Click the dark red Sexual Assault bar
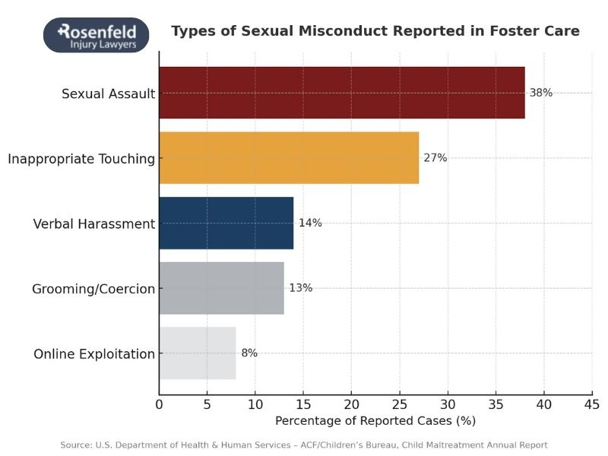coord(341,93)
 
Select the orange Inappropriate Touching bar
coord(289,158)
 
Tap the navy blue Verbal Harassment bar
coord(226,223)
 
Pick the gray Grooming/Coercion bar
coord(221,288)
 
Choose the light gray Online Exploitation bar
coord(197,353)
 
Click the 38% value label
coord(541,93)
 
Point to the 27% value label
coord(435,158)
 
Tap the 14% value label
coord(310,223)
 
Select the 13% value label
coord(300,288)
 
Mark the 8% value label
coord(249,353)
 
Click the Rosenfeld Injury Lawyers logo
coord(96,35)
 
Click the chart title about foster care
coord(375,31)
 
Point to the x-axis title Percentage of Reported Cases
coord(375,420)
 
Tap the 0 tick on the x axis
coord(159,403)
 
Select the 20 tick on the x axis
coord(351,403)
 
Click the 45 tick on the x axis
coord(591,403)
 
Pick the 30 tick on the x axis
coord(448,403)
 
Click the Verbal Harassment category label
coord(94,224)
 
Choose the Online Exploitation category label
coord(94,354)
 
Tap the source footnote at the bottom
coord(304,445)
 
